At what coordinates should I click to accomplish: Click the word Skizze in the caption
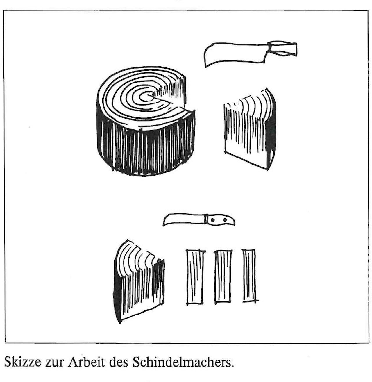tap(23, 357)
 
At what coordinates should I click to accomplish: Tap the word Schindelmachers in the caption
tap(183, 357)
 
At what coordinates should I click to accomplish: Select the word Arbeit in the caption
tap(86, 357)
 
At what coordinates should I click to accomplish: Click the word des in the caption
tap(119, 357)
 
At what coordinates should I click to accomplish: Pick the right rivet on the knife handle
tap(225, 219)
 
